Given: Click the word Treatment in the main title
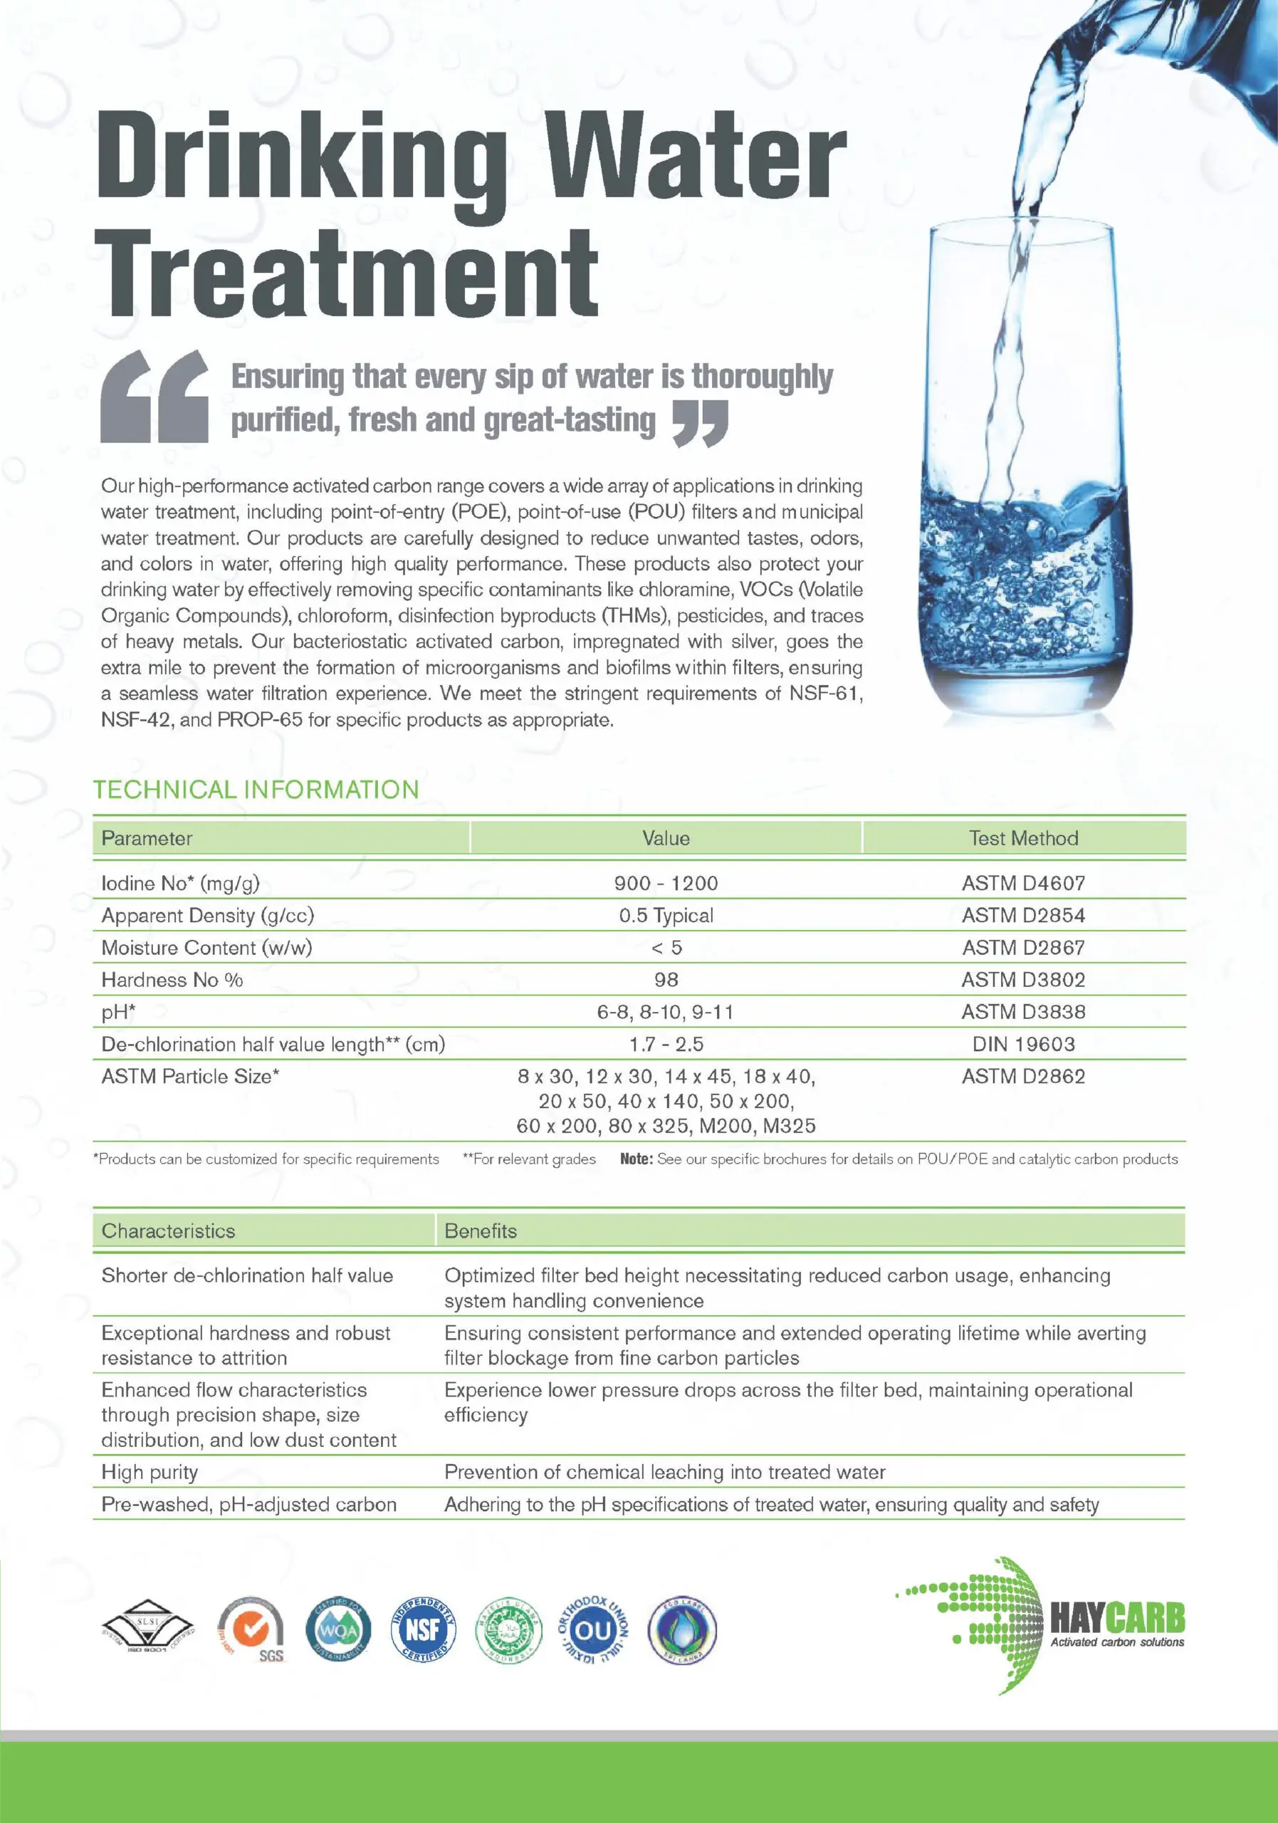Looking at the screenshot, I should click(x=346, y=273).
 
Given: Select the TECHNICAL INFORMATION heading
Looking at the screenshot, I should click(x=256, y=789).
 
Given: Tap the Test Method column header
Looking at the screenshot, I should click(x=1023, y=838).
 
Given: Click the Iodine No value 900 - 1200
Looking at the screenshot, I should click(x=665, y=883).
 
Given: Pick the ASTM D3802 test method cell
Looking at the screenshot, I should click(x=1023, y=980).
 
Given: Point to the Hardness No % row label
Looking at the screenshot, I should click(x=172, y=980).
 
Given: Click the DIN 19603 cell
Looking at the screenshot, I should click(x=1023, y=1044).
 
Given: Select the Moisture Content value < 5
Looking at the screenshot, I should click(x=665, y=947).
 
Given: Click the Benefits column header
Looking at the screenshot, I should click(x=481, y=1231).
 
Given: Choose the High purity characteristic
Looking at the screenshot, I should click(x=150, y=1472).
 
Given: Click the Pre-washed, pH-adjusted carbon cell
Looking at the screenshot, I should click(x=248, y=1505).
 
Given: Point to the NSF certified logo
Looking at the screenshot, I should click(x=423, y=1630).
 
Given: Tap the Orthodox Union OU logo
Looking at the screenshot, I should click(x=593, y=1630).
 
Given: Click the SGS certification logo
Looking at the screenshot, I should click(x=253, y=1631).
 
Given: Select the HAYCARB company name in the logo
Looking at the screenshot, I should click(x=1117, y=1617).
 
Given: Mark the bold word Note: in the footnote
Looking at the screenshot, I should click(x=636, y=1159).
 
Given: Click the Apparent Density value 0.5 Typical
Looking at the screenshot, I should click(x=665, y=916).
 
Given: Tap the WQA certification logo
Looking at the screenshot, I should click(x=338, y=1630).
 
